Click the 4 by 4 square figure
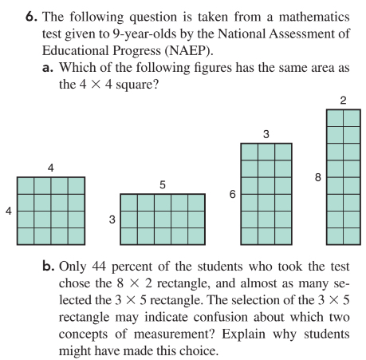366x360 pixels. point(51,210)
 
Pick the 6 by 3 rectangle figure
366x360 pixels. point(266,193)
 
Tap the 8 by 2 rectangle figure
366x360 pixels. point(343,176)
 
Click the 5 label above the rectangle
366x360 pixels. point(163,184)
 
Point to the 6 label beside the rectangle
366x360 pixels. point(232,194)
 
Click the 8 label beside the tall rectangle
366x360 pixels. point(318,177)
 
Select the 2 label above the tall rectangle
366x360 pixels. point(343,100)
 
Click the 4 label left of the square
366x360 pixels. point(9,211)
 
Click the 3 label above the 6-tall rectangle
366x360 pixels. point(266,133)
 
